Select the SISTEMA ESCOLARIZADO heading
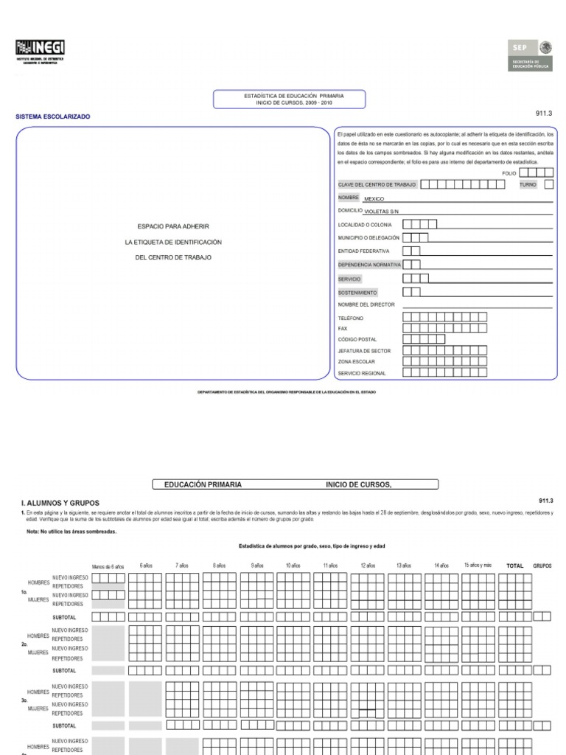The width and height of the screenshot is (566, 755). pyautogui.click(x=53, y=116)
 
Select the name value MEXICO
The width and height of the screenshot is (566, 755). pyautogui.click(x=374, y=199)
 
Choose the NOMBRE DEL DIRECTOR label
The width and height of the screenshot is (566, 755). pyautogui.click(x=366, y=305)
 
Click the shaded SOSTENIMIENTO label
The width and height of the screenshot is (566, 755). pyautogui.click(x=357, y=293)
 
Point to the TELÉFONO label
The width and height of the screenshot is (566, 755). pyautogui.click(x=351, y=318)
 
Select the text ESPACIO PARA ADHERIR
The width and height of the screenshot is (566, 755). pyautogui.click(x=173, y=226)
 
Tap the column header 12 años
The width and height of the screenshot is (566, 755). pyautogui.click(x=367, y=566)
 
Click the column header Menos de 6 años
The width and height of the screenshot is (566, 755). pyautogui.click(x=108, y=566)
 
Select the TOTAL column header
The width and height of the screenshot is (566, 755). pyautogui.click(x=514, y=566)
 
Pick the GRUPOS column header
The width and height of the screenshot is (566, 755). pyautogui.click(x=542, y=566)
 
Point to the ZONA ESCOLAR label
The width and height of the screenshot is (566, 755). pyautogui.click(x=356, y=362)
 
